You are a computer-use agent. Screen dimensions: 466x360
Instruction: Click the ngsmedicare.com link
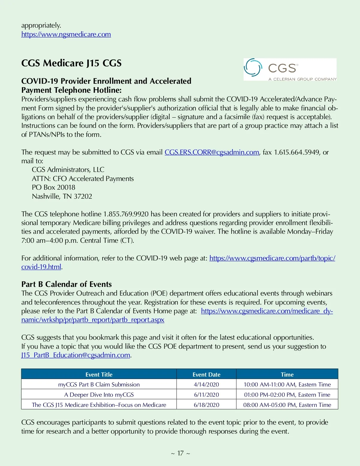pos(66,35)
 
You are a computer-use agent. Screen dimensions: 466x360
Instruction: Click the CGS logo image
pos(290,69)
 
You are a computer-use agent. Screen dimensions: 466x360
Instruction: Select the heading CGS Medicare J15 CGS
pos(71,63)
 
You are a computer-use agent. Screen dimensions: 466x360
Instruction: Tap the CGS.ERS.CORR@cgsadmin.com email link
pos(211,152)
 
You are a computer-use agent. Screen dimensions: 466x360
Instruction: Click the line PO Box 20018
pos(53,188)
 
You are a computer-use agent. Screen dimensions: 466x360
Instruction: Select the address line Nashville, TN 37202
pos(62,197)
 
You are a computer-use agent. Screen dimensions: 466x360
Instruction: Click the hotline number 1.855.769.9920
pos(126,214)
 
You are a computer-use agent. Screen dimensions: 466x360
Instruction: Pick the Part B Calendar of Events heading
pos(66,284)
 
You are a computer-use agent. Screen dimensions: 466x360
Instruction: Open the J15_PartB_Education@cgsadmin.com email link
pos(76,355)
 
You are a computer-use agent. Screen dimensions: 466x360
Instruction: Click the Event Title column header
pos(99,374)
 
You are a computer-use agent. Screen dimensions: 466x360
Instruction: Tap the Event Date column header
pos(206,374)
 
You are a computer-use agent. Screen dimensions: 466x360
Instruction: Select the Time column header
pos(287,374)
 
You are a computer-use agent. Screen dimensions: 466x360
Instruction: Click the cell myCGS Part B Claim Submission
pos(99,385)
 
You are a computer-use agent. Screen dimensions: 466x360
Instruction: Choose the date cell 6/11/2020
pos(206,395)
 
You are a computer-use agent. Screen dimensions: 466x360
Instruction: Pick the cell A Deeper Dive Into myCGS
pos(99,395)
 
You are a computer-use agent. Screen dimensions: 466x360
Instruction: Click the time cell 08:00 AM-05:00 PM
pos(287,405)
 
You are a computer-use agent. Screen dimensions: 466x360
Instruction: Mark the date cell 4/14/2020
pos(206,385)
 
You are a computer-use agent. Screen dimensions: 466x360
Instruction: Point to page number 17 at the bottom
pos(180,453)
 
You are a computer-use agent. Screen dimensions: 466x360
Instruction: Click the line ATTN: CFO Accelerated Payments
pos(83,179)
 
